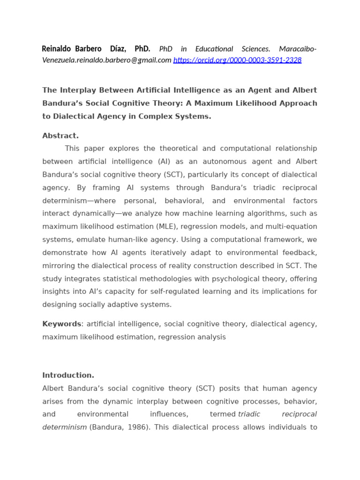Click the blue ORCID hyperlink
[237, 60]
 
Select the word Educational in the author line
[214, 49]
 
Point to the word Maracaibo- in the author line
[298, 49]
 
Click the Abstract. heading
[60, 136]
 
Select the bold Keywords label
[61, 324]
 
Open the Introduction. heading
[68, 375]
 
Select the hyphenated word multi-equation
[291, 227]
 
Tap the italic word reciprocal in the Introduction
[299, 414]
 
